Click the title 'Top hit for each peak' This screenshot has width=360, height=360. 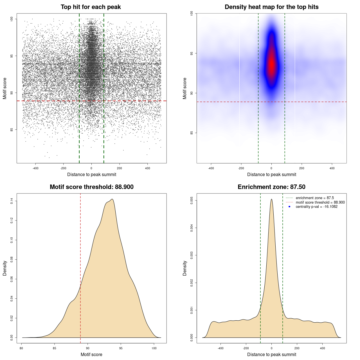pyautogui.click(x=91, y=7)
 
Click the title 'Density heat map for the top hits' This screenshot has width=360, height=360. pyautogui.click(x=271, y=7)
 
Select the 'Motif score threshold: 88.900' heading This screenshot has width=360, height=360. pyautogui.click(x=91, y=187)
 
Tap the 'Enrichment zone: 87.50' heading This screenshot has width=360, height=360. pyautogui.click(x=271, y=187)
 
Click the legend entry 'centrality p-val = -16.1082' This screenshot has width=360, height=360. pyautogui.click(x=316, y=207)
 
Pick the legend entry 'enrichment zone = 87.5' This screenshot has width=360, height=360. pyautogui.click(x=315, y=198)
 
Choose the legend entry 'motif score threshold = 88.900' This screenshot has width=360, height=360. pyautogui.click(x=320, y=202)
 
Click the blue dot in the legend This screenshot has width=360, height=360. pyautogui.click(x=289, y=207)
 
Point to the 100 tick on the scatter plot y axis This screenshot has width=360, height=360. pyautogui.click(x=12, y=19)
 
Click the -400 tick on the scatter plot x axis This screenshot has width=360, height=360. pyautogui.click(x=35, y=168)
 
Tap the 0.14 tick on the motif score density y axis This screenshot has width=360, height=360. pyautogui.click(x=12, y=201)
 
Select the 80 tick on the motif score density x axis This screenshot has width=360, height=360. pyautogui.click(x=22, y=348)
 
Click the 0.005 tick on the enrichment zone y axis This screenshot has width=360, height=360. pyautogui.click(x=192, y=201)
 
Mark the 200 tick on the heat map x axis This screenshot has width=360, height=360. pyautogui.click(x=302, y=168)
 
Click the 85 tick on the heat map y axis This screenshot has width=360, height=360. pyautogui.click(x=192, y=133)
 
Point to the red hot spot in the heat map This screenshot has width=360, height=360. pyautogui.click(x=271, y=65)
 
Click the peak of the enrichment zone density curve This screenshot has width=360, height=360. pyautogui.click(x=271, y=199)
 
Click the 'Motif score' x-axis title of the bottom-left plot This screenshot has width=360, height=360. pyautogui.click(x=91, y=354)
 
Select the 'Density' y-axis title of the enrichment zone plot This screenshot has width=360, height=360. pyautogui.click(x=185, y=268)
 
